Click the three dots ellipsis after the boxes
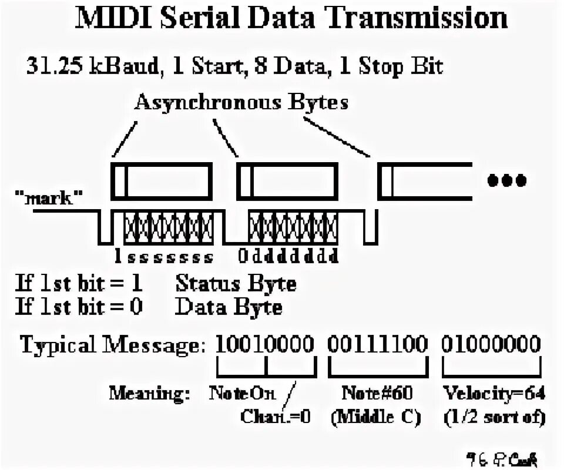(x=507, y=180)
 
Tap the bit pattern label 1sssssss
(x=163, y=257)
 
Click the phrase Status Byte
(x=236, y=284)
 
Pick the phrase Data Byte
(x=229, y=307)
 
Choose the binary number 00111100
(x=377, y=344)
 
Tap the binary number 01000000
(x=491, y=344)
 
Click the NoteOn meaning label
(x=242, y=392)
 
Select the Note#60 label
(x=377, y=392)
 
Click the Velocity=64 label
(x=493, y=392)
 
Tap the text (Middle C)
(x=377, y=417)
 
